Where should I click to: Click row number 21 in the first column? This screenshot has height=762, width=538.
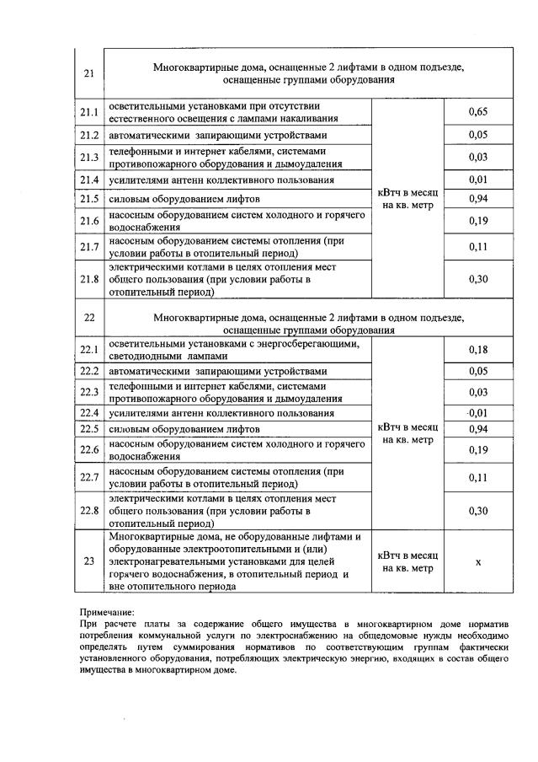89,73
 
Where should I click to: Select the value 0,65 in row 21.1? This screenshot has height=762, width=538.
477,112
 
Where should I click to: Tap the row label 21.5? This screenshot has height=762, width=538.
89,199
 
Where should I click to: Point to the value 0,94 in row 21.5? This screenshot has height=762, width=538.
477,199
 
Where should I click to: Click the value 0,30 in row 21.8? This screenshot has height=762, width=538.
477,280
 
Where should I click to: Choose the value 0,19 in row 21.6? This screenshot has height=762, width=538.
477,222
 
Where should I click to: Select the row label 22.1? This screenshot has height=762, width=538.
89,350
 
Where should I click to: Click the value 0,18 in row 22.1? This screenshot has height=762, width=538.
477,350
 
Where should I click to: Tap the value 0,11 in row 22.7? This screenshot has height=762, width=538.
477,477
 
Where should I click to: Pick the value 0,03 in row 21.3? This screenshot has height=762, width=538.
477,158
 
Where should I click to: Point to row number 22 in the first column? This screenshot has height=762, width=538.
89,319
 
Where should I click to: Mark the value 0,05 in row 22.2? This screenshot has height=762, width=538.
477,372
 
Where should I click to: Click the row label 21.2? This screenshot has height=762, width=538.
89,135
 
